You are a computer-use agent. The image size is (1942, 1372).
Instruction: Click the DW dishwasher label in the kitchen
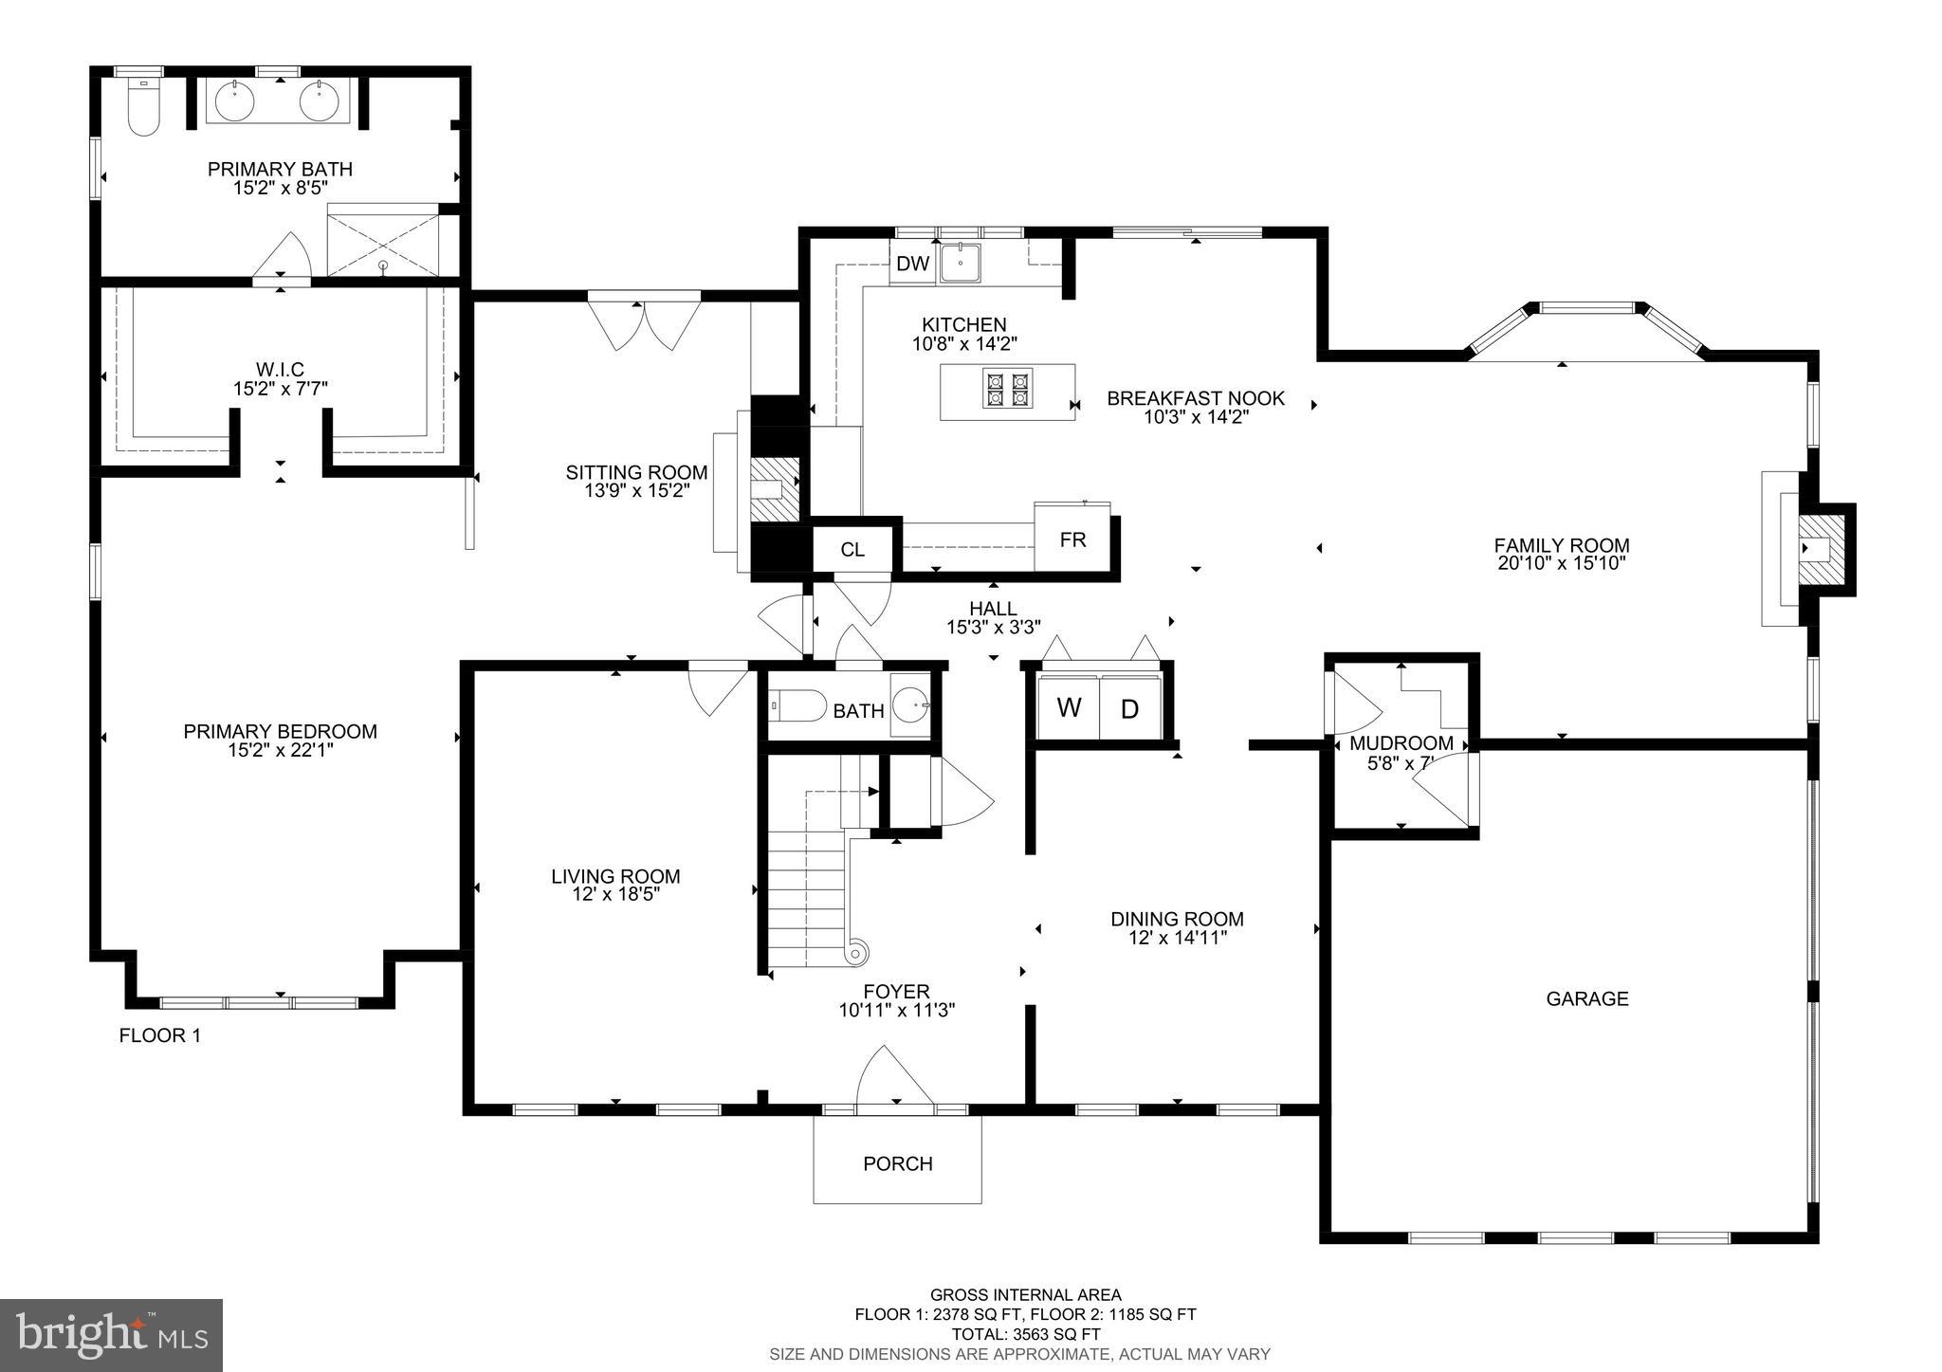coord(912,264)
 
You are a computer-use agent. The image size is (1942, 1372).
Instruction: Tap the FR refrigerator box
coord(1072,540)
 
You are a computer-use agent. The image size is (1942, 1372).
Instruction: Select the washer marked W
coord(1069,707)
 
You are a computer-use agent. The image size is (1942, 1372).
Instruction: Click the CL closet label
coord(852,549)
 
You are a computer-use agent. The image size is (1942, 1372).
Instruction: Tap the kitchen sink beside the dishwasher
coord(961,262)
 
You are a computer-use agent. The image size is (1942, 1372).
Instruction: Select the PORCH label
coord(897,1163)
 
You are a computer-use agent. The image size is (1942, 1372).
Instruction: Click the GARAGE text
coord(1586,998)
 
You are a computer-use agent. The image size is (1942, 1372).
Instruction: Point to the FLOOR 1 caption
coord(159,1035)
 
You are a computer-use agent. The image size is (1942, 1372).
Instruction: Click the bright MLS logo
coord(112,1335)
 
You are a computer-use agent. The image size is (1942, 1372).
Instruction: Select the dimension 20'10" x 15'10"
coord(1561,563)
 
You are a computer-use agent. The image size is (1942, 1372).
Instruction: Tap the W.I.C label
coord(280,369)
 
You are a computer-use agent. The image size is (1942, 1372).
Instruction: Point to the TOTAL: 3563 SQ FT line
coord(1024,1334)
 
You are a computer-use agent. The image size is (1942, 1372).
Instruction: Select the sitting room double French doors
coord(644,322)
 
